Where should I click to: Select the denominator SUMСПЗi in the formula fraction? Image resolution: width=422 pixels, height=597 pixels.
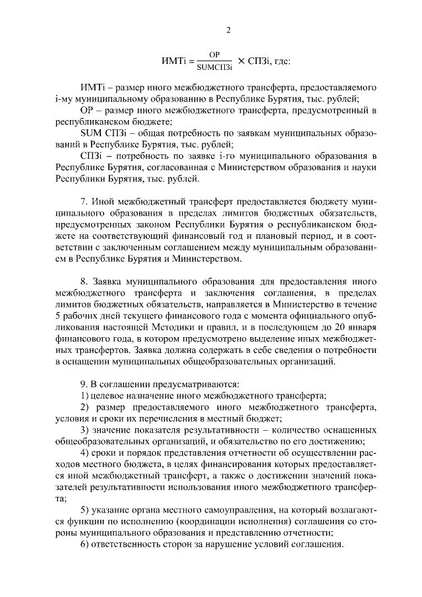click(x=214, y=67)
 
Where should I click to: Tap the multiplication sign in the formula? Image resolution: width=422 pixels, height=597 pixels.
click(x=241, y=61)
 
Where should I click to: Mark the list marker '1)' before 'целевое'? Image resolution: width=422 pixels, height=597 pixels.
click(x=84, y=395)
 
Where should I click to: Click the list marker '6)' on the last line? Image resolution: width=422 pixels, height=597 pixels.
click(x=84, y=545)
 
